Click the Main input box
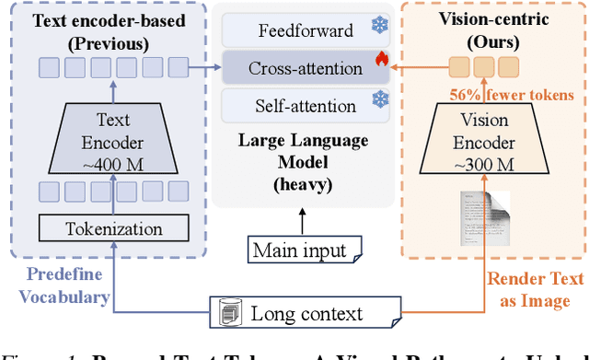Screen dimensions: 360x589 pos(300,251)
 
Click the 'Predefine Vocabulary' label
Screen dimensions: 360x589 pos(57,286)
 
